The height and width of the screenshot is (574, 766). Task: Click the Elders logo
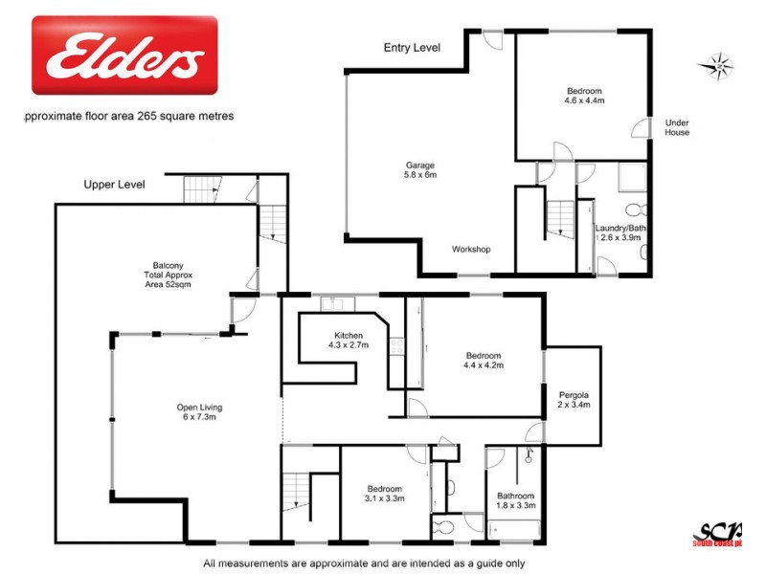[x=124, y=55]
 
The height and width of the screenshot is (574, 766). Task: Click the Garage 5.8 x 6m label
[x=420, y=170]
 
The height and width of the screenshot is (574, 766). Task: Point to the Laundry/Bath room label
[x=621, y=232]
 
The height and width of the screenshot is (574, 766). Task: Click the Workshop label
[x=471, y=250]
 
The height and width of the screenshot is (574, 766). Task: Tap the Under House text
[x=677, y=127]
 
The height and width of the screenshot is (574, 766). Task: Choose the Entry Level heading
[x=412, y=47]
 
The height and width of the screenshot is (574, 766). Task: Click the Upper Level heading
[x=114, y=185]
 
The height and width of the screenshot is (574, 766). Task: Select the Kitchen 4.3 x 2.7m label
[x=348, y=340]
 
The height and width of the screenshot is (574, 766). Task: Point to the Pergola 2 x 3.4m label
[x=574, y=400]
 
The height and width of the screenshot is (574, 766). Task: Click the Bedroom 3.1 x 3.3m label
[x=385, y=494]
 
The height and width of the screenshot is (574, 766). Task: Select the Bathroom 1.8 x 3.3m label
[x=515, y=500]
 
